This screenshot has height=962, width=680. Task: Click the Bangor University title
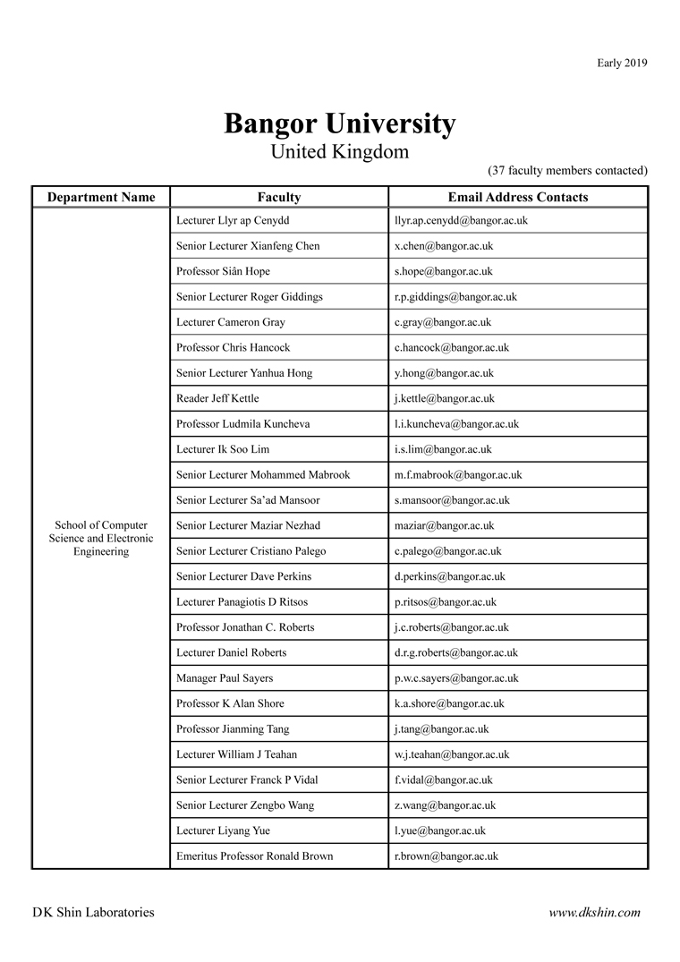pyautogui.click(x=339, y=123)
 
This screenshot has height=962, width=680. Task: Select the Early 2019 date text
pyautogui.click(x=622, y=63)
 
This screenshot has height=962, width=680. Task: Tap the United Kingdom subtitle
pyautogui.click(x=339, y=152)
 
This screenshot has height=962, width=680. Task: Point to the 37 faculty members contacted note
pyautogui.click(x=567, y=170)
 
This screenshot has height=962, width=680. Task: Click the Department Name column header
pyautogui.click(x=101, y=198)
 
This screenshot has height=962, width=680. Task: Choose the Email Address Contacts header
pyautogui.click(x=518, y=198)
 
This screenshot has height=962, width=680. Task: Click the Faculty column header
pyautogui.click(x=279, y=198)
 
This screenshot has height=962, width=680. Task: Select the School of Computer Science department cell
pyautogui.click(x=101, y=539)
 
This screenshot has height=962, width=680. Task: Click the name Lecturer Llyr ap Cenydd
pyautogui.click(x=233, y=220)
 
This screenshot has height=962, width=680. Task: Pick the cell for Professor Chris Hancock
pyautogui.click(x=234, y=347)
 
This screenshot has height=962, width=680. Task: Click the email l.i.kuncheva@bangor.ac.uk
pyautogui.click(x=456, y=424)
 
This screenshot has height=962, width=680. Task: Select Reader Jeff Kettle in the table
pyautogui.click(x=217, y=398)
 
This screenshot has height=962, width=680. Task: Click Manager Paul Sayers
pyautogui.click(x=225, y=678)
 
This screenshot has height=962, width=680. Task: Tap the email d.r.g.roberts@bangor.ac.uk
pyautogui.click(x=455, y=653)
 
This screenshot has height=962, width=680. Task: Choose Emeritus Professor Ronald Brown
pyautogui.click(x=254, y=856)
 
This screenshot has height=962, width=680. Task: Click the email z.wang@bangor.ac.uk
pyautogui.click(x=445, y=805)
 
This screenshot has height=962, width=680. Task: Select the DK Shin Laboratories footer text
pyautogui.click(x=93, y=913)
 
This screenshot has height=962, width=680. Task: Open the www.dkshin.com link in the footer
pyautogui.click(x=594, y=913)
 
